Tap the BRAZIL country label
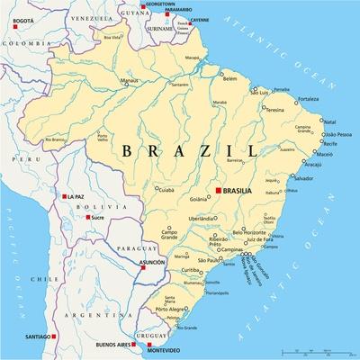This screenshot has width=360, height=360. [185, 150]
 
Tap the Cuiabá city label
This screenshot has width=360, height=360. [163, 190]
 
